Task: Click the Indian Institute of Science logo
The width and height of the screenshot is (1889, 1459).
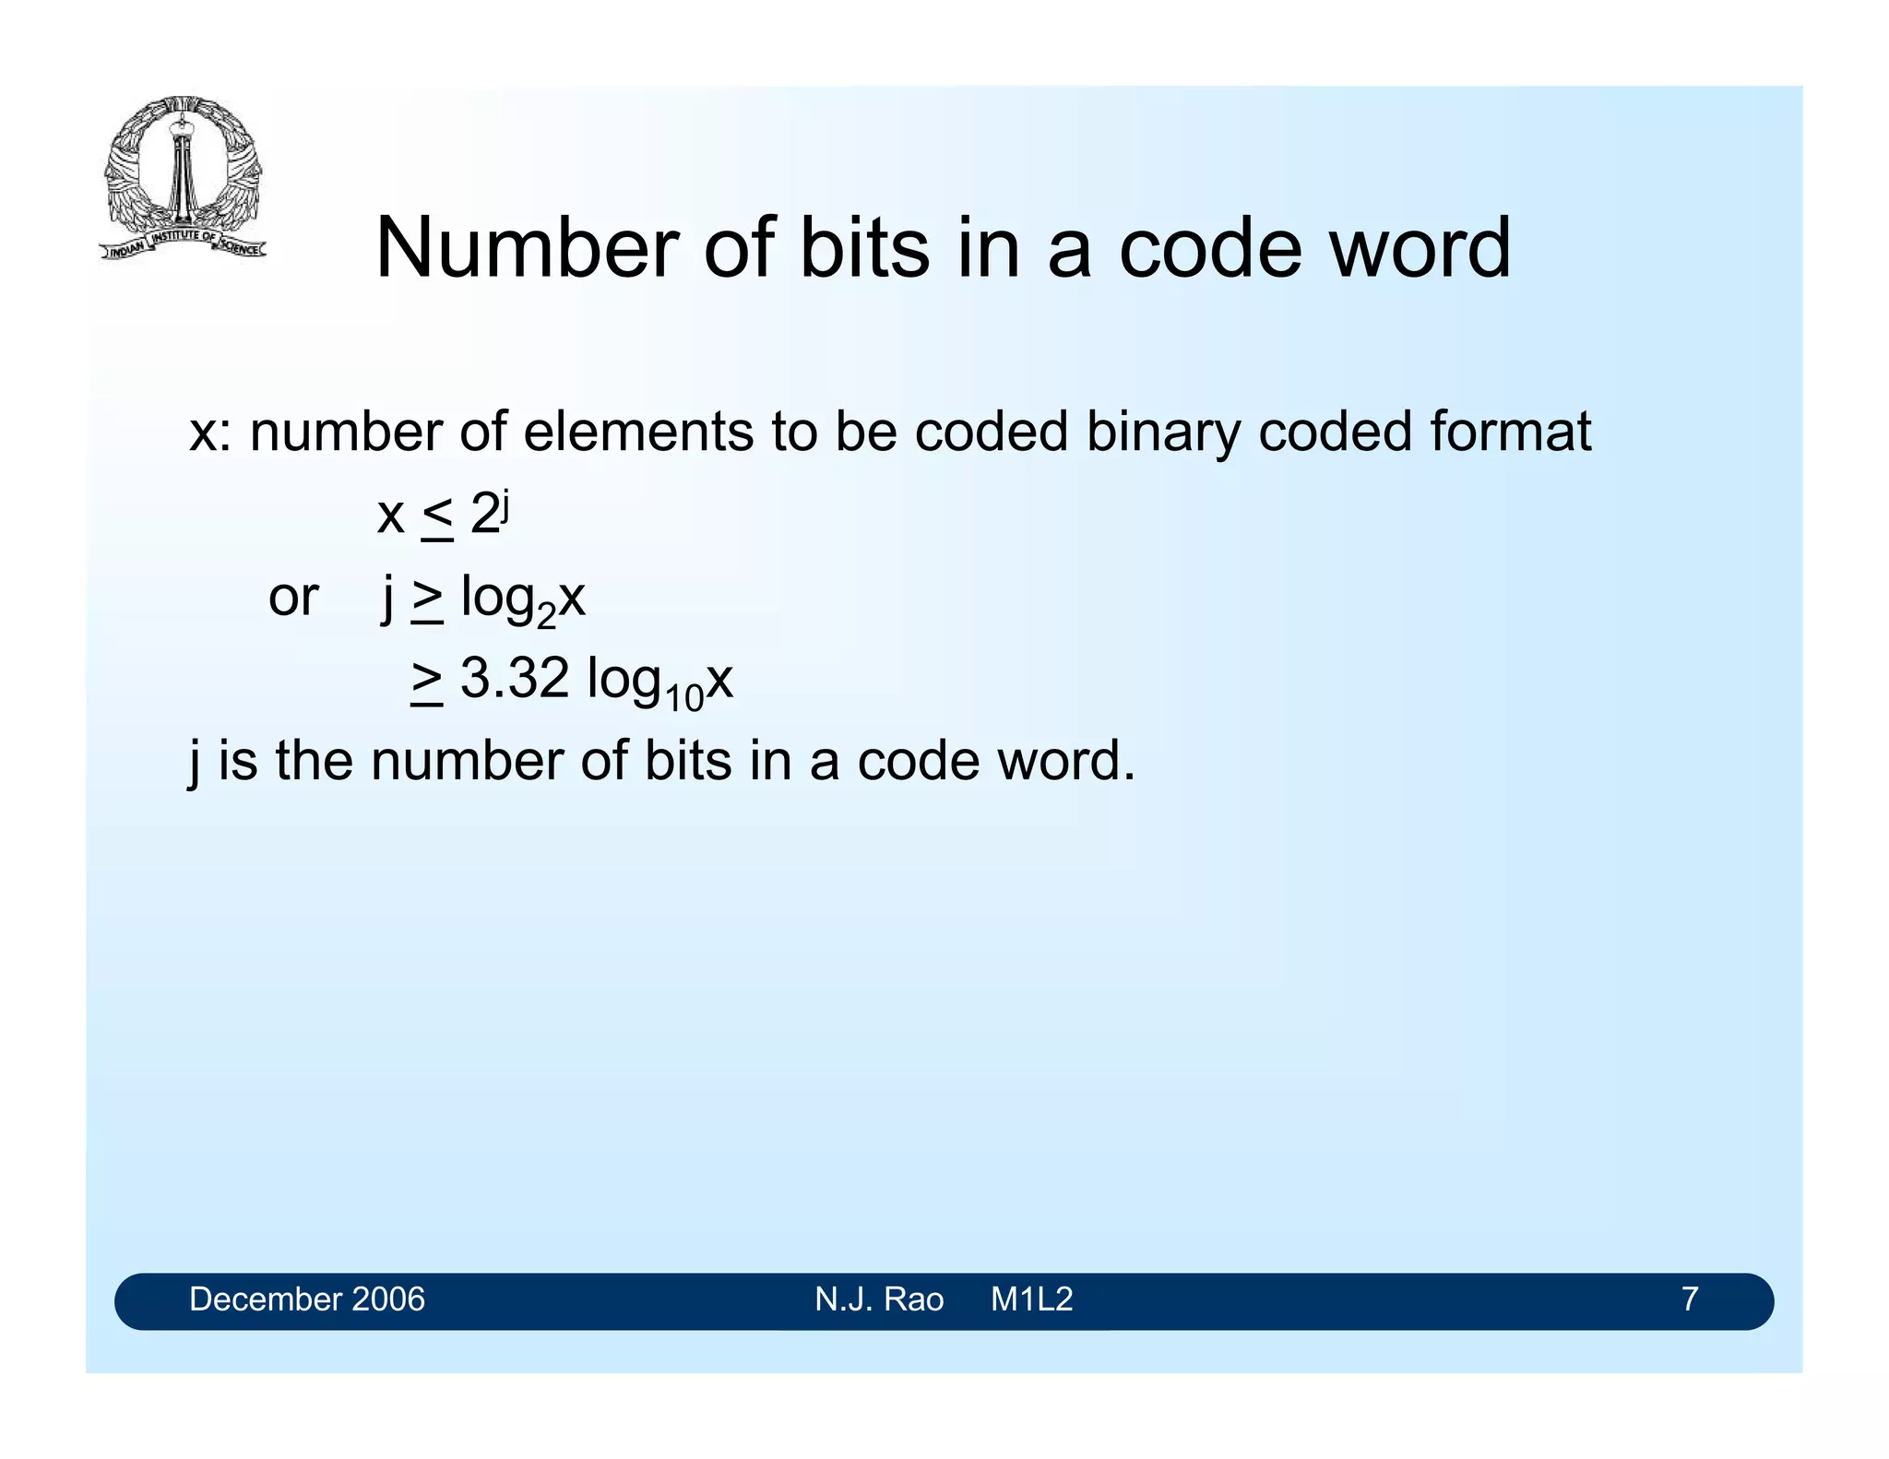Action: pos(183,178)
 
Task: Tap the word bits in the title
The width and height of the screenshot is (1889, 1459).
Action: pos(864,248)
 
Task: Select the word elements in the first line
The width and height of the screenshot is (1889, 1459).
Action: pos(638,432)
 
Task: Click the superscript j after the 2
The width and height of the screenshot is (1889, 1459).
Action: pos(505,504)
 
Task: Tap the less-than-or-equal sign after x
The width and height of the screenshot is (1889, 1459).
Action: pos(437,517)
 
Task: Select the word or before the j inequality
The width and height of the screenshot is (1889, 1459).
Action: pos(293,598)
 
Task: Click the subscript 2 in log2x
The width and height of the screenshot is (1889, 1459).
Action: pos(546,615)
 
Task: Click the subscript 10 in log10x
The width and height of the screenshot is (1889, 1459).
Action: pos(683,697)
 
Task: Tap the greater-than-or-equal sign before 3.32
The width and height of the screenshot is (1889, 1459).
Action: pos(427,682)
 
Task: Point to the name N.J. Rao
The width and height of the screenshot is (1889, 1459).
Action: pos(879,1299)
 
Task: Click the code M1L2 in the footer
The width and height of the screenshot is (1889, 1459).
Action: pos(1032,1299)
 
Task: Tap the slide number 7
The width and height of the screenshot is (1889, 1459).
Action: pos(1690,1299)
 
